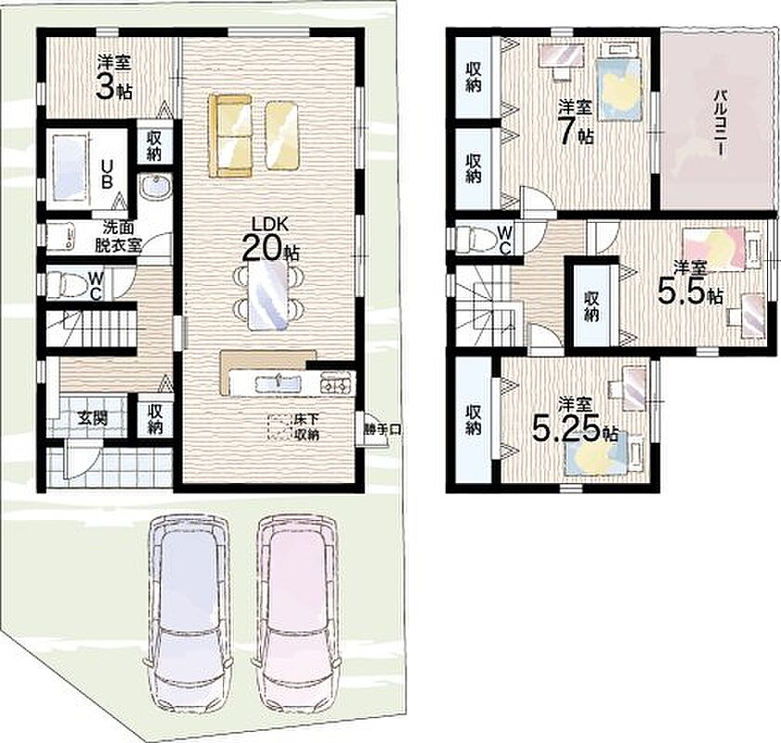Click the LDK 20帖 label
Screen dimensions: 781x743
[x=270, y=240]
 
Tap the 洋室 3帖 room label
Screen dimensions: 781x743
[x=114, y=78]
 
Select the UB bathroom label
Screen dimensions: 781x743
[x=106, y=174]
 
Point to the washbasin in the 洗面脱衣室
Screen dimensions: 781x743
[x=155, y=188]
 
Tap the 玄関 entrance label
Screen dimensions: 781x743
[x=93, y=418]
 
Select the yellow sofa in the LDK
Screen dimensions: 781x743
[x=230, y=136]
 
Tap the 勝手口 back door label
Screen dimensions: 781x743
[x=382, y=430]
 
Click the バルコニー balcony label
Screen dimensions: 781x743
[x=719, y=123]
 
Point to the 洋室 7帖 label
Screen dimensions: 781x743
[x=575, y=122]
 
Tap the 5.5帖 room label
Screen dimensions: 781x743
[x=689, y=284]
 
